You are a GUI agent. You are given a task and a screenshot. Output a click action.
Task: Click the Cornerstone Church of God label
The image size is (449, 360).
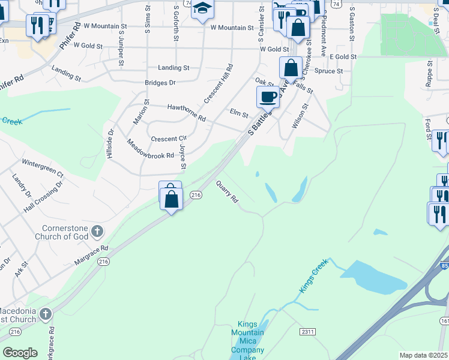pos(64,232)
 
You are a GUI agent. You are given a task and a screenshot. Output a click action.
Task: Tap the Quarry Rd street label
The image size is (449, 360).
pos(227,191)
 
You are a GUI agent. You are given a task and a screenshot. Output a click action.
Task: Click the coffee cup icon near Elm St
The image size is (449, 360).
pos(268,96)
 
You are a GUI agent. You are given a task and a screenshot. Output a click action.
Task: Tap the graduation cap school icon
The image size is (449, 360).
pos(203,8)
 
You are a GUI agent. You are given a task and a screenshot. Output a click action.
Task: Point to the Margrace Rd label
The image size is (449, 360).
pos(91,255)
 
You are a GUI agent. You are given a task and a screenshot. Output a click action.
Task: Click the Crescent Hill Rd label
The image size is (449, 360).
pos(218,83)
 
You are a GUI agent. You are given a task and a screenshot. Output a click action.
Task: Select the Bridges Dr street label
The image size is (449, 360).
pos(160,83)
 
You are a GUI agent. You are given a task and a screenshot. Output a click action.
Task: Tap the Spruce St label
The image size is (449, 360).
pos(329,71)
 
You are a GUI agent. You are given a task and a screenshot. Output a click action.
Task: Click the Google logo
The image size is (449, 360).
pos(20,353)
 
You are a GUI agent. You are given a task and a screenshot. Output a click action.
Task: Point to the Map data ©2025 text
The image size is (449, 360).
pos(423,355)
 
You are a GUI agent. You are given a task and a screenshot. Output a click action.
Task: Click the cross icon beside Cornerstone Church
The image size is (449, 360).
pos(96,230)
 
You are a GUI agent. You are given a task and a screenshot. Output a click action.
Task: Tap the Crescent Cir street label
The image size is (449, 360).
pos(169,139)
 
